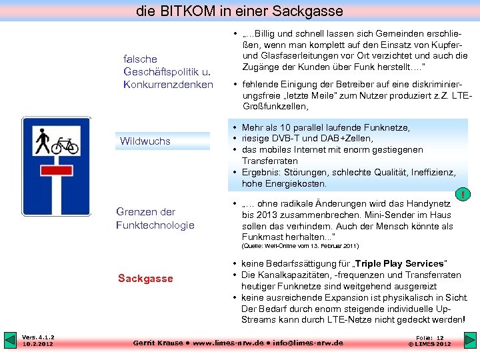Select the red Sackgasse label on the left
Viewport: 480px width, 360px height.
[145, 278]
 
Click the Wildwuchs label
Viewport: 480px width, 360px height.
[145, 141]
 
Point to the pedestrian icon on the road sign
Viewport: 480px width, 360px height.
[42, 141]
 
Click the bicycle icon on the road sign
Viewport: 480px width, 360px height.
[65, 145]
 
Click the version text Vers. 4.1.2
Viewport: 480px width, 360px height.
[39, 337]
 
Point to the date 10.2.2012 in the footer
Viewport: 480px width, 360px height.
[39, 344]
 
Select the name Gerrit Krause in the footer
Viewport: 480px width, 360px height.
[158, 343]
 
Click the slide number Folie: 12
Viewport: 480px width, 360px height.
[430, 337]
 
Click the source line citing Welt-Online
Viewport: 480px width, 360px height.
[300, 246]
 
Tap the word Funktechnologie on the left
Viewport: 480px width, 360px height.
[155, 225]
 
